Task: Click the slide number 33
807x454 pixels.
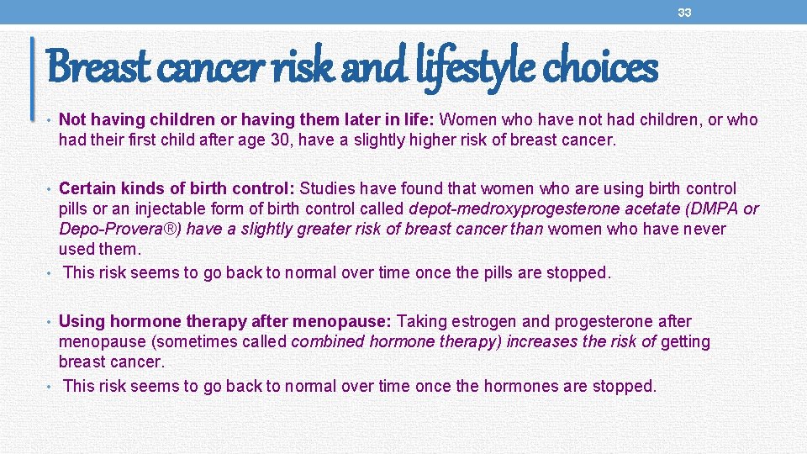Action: click(x=685, y=13)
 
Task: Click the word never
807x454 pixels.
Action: click(x=704, y=229)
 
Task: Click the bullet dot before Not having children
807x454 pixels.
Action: click(x=50, y=120)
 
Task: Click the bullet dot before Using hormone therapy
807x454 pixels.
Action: click(x=50, y=321)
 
